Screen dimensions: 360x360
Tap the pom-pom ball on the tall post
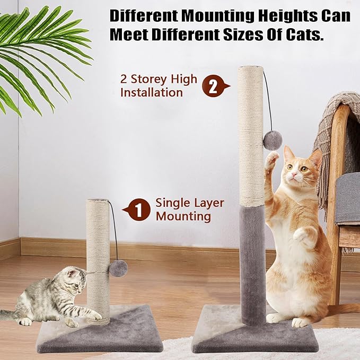(273, 141)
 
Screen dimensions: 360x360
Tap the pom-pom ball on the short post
(118, 268)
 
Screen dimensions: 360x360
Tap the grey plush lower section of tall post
(252, 265)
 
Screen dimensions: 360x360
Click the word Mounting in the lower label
(183, 216)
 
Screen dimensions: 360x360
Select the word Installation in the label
(152, 92)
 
